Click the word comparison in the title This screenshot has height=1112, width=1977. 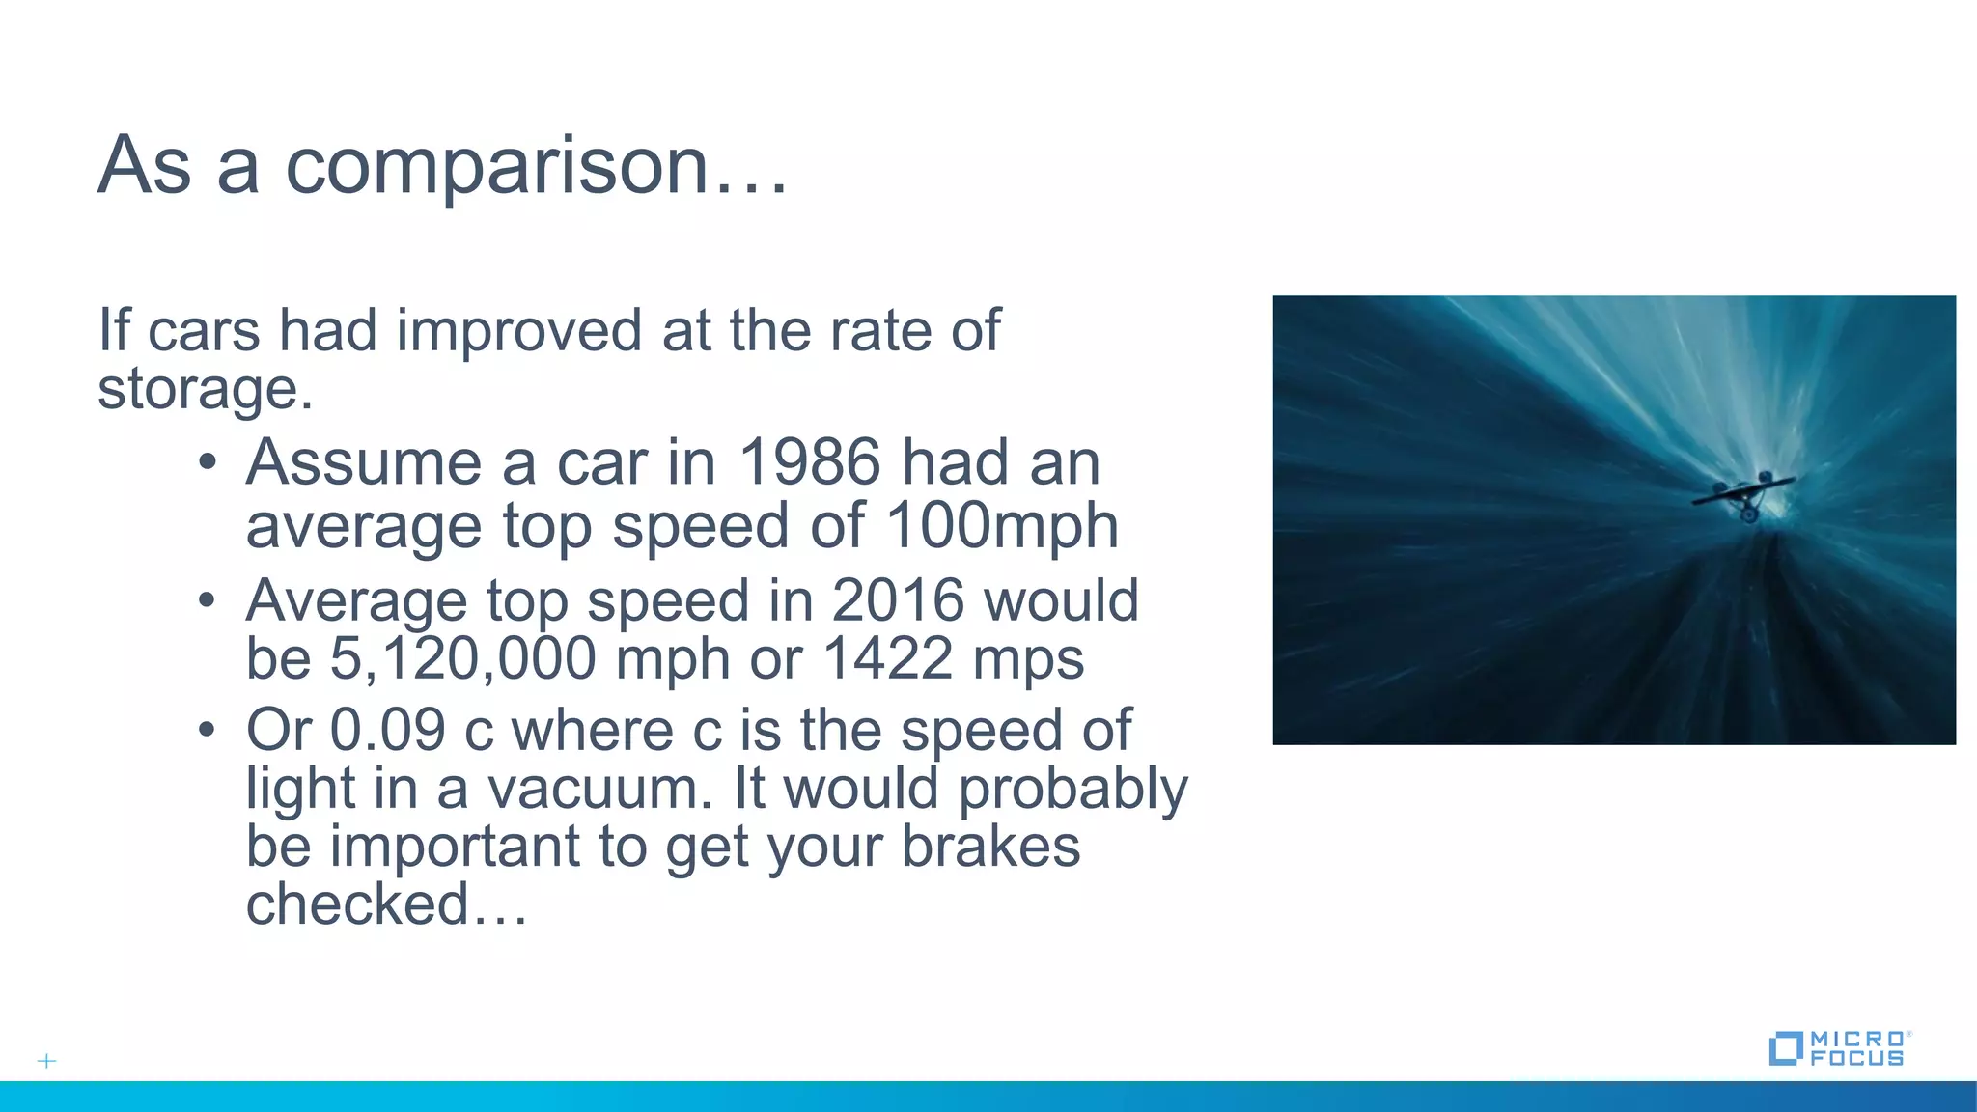coord(496,167)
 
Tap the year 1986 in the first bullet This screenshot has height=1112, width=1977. coord(809,462)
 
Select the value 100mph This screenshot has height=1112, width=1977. coord(1001,526)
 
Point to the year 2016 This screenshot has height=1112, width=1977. coord(897,600)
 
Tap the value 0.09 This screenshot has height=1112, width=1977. coord(387,730)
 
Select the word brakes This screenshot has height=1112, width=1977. coord(990,847)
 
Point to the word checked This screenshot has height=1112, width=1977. coord(357,905)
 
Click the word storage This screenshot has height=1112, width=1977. coord(204,389)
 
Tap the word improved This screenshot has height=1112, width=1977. coord(518,331)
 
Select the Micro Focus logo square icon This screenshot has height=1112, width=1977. coord(1785,1048)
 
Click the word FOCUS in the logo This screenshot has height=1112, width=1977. coord(1857,1058)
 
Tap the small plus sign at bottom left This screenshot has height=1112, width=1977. coord(46,1061)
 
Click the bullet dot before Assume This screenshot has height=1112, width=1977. coord(207,463)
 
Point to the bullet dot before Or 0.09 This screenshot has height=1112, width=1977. coord(207,731)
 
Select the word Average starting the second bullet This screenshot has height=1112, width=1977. coord(356,600)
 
